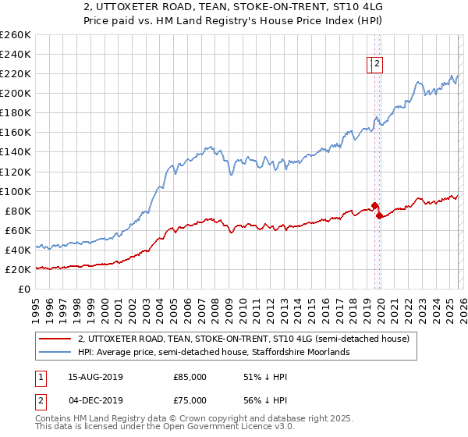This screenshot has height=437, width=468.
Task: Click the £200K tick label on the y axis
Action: pos(15,93)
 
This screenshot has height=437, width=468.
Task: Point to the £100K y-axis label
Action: pos(15,191)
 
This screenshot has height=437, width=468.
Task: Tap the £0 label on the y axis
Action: pos(24,289)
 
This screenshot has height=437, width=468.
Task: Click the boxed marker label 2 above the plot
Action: pos(377,65)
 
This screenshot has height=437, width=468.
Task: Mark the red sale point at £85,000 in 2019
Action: pos(374,205)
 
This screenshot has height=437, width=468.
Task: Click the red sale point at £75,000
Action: pos(379,215)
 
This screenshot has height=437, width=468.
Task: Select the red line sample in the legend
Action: pos(55,339)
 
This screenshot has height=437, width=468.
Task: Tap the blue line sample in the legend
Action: pos(55,353)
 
